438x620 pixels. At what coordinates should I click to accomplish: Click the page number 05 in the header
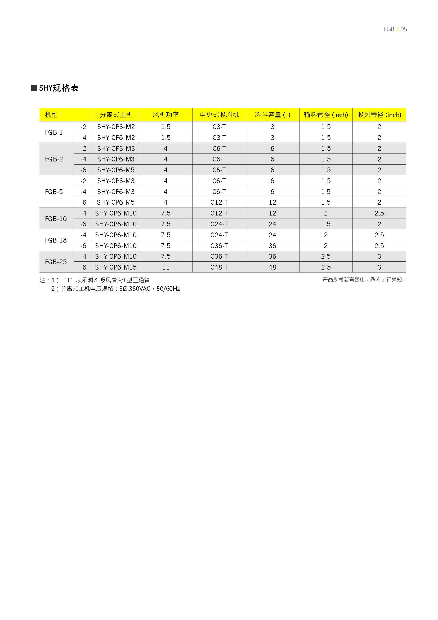[x=404, y=29]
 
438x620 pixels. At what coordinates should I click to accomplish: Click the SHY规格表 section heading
[x=59, y=88]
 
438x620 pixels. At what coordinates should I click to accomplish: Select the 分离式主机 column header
[x=116, y=115]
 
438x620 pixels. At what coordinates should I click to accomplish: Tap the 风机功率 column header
[x=166, y=115]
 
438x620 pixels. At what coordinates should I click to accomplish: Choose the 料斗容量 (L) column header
[x=272, y=115]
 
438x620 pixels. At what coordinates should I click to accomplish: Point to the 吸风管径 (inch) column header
[x=379, y=115]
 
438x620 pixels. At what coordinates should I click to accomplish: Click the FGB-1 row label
[x=54, y=132]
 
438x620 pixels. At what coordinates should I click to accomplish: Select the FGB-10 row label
[x=56, y=219]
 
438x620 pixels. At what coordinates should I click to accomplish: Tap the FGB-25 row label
[x=56, y=262]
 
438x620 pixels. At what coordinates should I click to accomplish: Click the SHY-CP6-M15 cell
[x=116, y=267]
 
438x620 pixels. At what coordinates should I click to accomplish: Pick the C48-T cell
[x=219, y=267]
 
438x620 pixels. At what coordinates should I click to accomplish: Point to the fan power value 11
[x=166, y=267]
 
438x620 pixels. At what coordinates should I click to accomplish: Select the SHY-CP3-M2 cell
[x=116, y=127]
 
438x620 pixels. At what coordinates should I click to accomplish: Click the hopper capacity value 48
[x=272, y=267]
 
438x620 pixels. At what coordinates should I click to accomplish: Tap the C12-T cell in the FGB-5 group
[x=219, y=203]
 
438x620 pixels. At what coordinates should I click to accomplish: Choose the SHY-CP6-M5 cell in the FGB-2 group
[x=116, y=170]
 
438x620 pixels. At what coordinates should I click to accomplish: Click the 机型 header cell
[x=51, y=115]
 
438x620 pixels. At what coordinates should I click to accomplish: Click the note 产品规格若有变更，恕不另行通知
[x=364, y=280]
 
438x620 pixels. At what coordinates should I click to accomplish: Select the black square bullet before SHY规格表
[x=34, y=88]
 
